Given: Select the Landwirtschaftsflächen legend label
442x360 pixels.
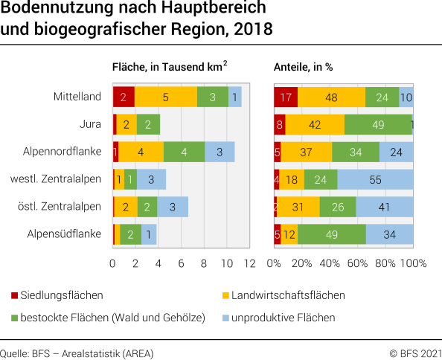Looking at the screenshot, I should tap(288, 295).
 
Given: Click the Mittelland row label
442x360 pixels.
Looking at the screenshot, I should tap(77, 97).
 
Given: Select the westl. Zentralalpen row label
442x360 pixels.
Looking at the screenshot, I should tap(56, 179).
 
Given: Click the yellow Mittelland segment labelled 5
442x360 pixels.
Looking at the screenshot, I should tap(165, 97).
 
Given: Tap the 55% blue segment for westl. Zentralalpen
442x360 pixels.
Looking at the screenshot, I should tap(375, 179).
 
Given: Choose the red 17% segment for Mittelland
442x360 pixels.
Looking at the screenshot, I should tap(286, 97).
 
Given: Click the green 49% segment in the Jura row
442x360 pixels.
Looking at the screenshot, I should tap(377, 124).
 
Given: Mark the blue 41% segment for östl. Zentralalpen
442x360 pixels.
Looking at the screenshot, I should tap(385, 207).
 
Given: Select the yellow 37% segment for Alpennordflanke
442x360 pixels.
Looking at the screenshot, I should tap(306, 152).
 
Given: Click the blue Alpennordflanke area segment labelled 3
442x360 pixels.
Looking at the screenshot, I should tap(220, 152).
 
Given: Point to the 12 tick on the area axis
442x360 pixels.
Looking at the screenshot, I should tap(249, 263).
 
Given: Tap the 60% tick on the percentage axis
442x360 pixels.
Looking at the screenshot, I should tap(357, 263).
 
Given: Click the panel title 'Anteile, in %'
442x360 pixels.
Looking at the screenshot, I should tap(303, 66).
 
